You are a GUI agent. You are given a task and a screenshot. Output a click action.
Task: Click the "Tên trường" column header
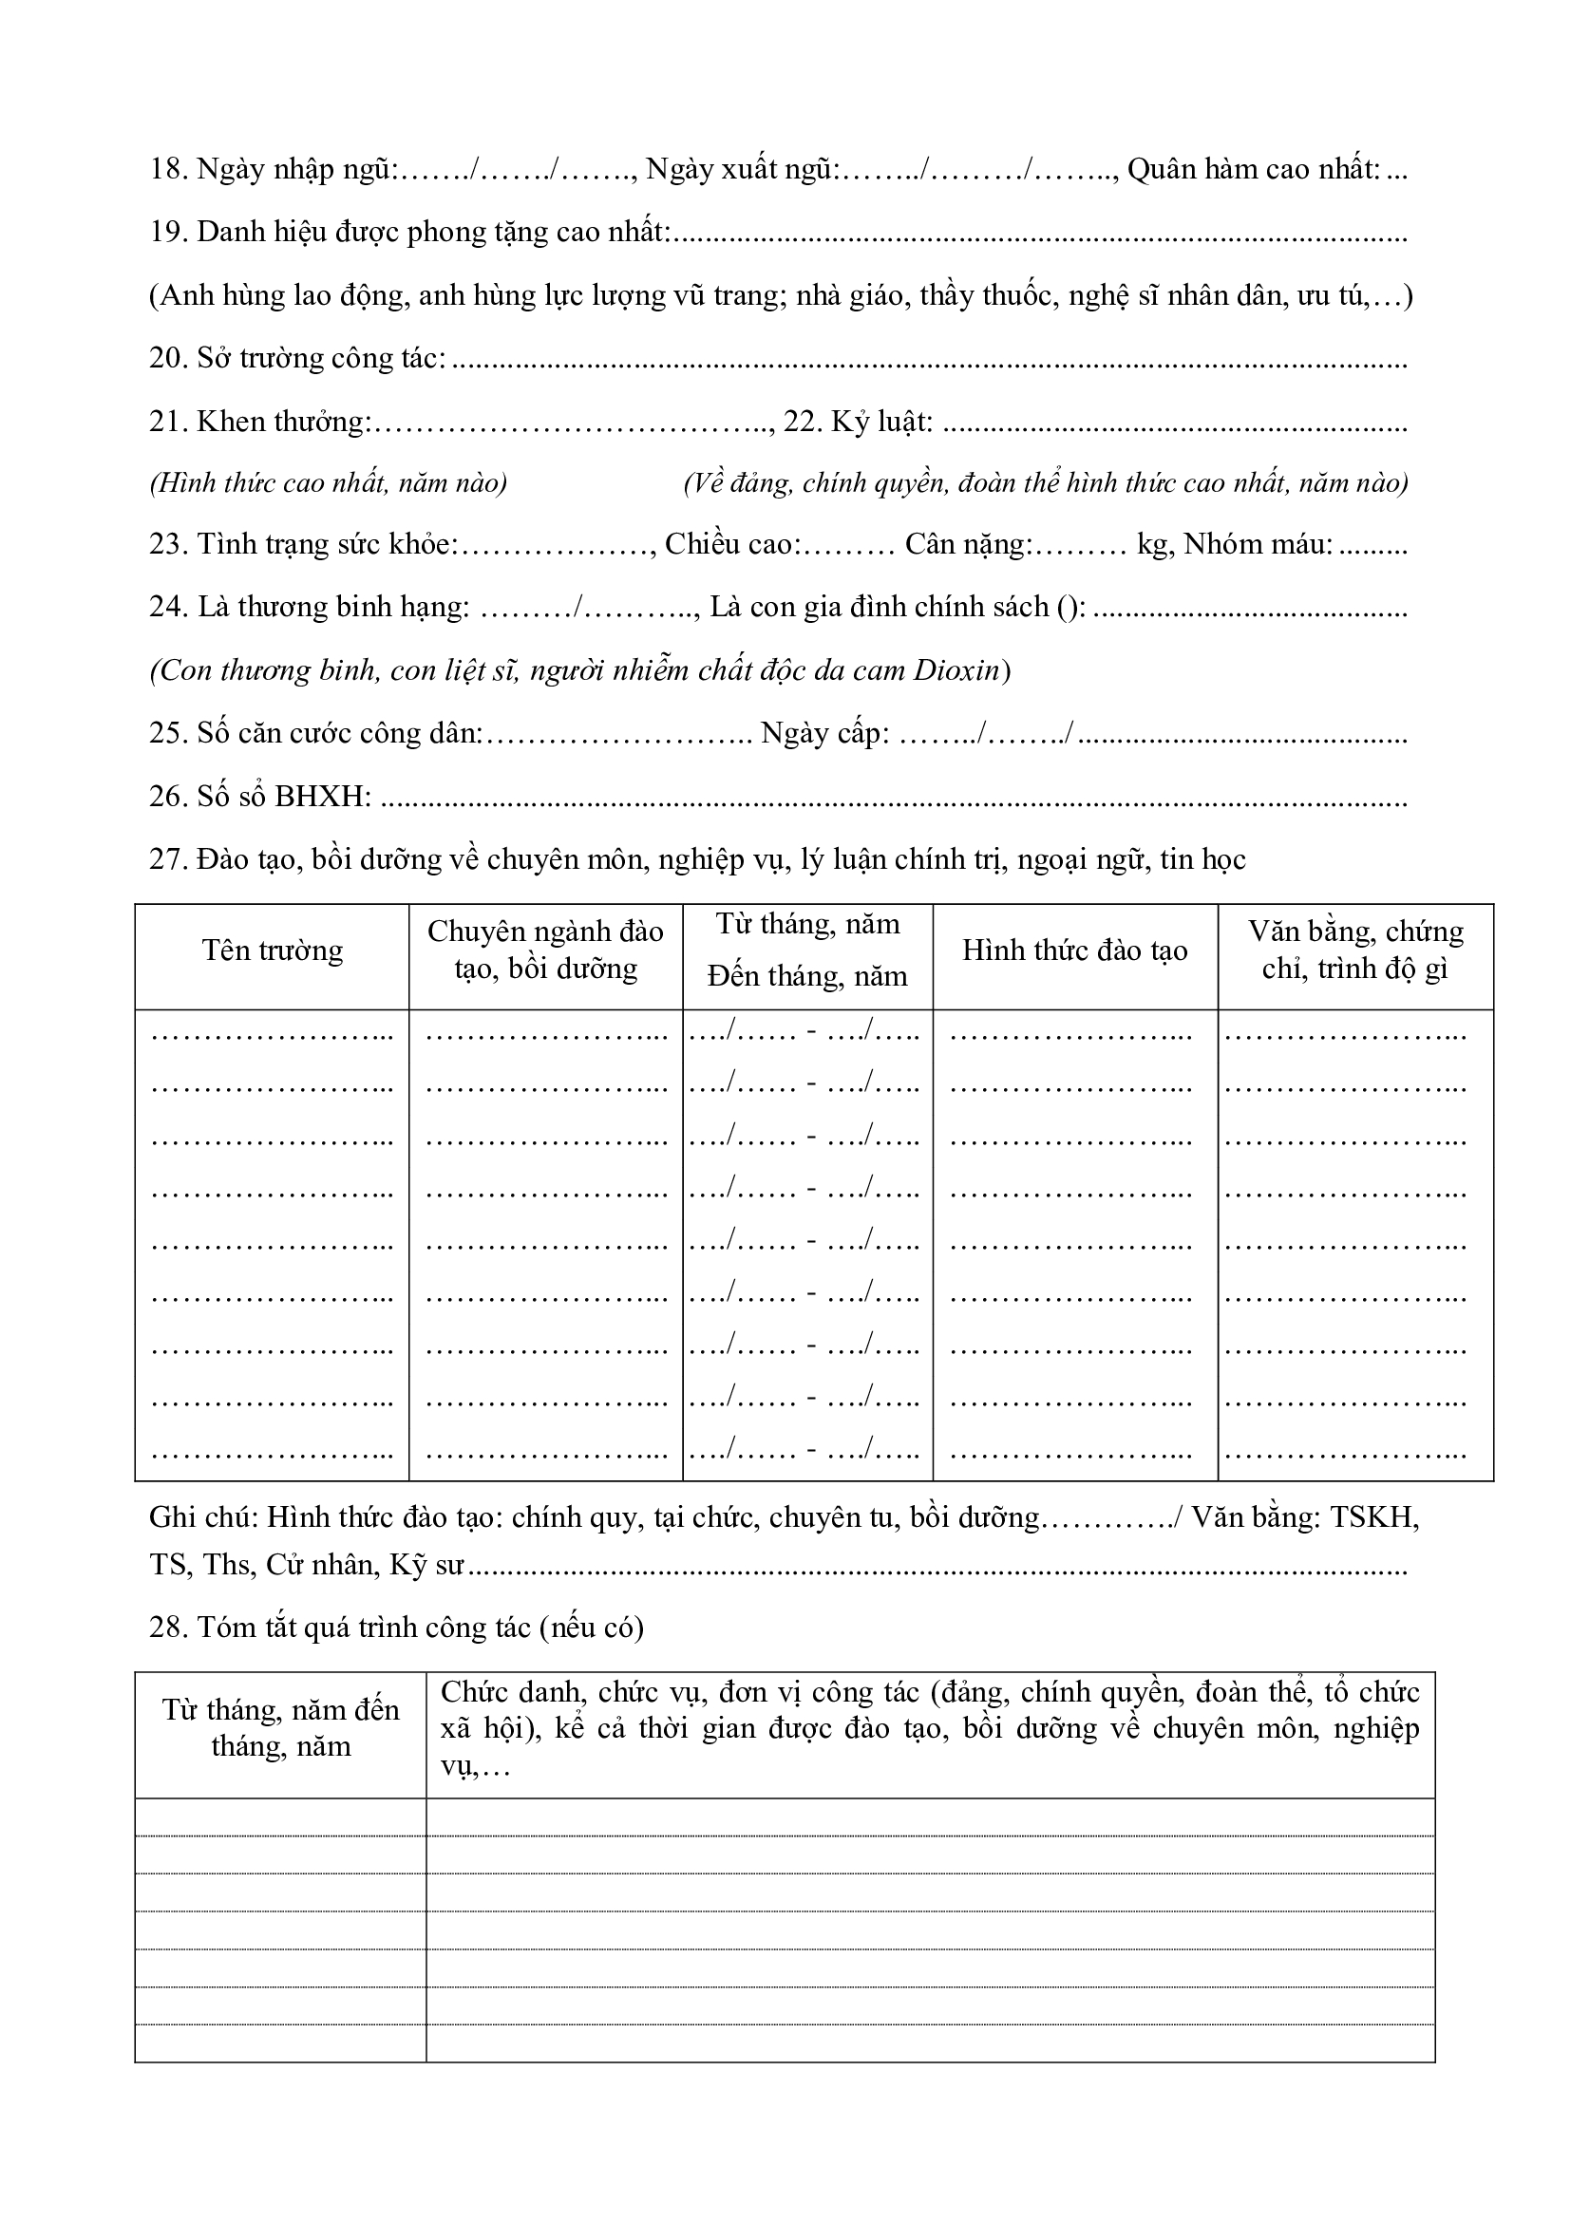pyautogui.click(x=272, y=951)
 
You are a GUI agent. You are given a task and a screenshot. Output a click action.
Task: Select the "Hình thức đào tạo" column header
pyautogui.click(x=1074, y=951)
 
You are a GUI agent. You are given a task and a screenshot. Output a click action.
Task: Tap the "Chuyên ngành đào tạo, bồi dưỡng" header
pyautogui.click(x=545, y=950)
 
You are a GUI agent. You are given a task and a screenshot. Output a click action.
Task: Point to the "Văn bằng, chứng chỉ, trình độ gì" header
pyautogui.click(x=1354, y=950)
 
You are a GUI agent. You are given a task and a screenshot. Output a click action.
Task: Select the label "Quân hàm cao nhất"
pyautogui.click(x=1253, y=169)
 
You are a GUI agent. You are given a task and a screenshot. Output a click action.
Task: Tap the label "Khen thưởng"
pyautogui.click(x=283, y=421)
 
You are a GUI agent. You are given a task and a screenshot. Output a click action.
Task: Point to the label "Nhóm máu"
pyautogui.click(x=1257, y=545)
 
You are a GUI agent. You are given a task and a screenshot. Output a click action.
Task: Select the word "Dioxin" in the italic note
pyautogui.click(x=956, y=670)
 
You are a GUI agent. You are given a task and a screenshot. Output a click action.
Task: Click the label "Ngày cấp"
pyautogui.click(x=824, y=733)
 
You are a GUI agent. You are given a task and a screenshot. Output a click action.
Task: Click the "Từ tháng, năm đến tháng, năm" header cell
pyautogui.click(x=280, y=1728)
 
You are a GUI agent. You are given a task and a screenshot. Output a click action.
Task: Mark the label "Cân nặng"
pyautogui.click(x=967, y=545)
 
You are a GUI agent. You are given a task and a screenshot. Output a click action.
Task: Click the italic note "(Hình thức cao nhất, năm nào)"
pyautogui.click(x=328, y=482)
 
